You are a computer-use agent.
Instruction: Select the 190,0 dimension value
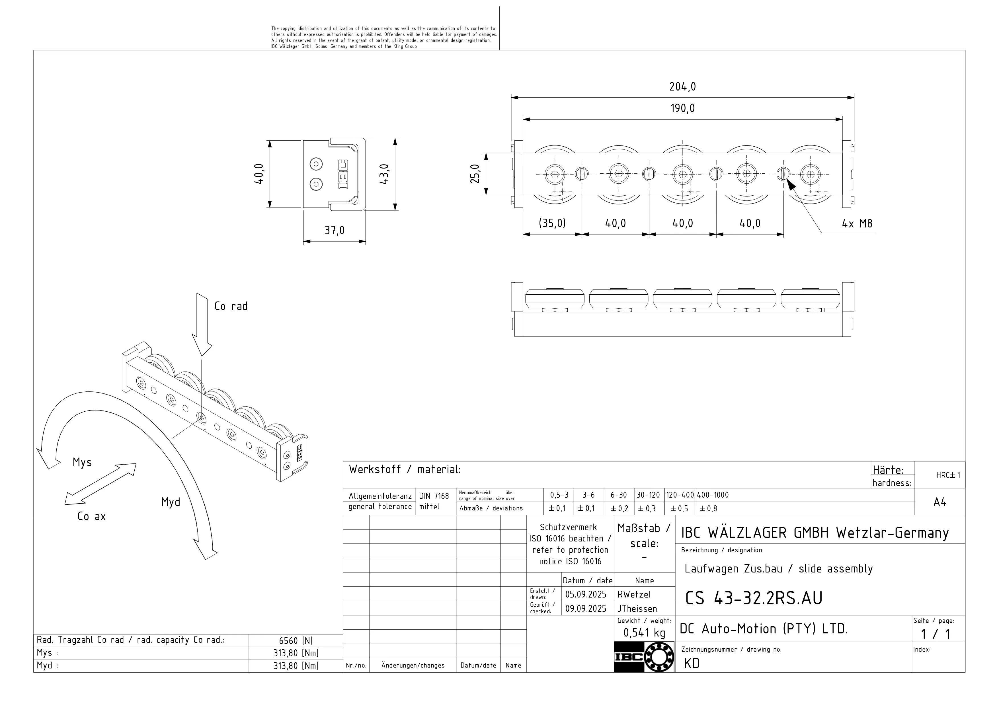coord(682,108)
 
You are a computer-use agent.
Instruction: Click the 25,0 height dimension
coord(475,174)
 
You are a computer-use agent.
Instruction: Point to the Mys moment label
coord(82,462)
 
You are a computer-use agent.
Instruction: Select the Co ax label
coord(91,517)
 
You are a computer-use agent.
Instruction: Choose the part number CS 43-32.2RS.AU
coord(754,599)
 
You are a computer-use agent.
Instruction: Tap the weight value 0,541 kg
coord(644,633)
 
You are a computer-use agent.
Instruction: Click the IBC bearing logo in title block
coord(644,657)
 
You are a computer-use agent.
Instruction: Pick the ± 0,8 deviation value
coord(708,508)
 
